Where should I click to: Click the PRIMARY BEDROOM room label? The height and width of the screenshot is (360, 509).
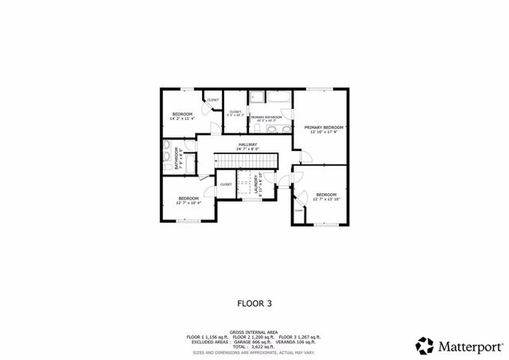(324, 127)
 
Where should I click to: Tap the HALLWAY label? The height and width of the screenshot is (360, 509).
(247, 144)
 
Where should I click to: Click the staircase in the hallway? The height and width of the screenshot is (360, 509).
(247, 160)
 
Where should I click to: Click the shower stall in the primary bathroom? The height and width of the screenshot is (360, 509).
(258, 98)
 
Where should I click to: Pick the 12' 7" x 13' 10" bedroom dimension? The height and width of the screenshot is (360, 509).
(327, 199)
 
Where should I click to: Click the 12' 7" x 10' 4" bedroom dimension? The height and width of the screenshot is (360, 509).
(188, 203)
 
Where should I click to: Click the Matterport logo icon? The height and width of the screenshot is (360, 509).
(425, 346)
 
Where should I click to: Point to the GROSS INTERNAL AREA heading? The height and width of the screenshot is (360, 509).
(254, 332)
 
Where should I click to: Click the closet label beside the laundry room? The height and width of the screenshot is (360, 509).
(226, 184)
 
